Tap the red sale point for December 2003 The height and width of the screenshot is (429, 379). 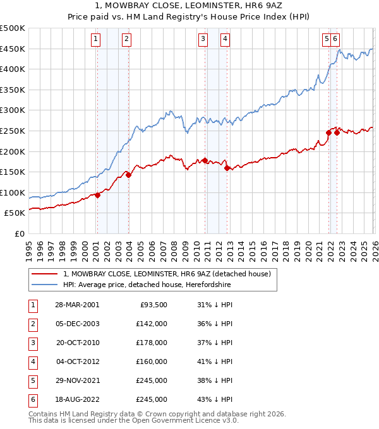pyautogui.click(x=128, y=175)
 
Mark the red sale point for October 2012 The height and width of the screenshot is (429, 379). pyautogui.click(x=227, y=167)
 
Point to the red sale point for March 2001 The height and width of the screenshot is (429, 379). pyautogui.click(x=98, y=195)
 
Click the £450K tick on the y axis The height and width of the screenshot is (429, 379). pyautogui.click(x=13, y=49)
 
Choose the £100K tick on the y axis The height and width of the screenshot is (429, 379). pyautogui.click(x=13, y=192)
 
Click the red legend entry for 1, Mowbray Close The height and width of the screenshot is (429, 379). pyautogui.click(x=167, y=274)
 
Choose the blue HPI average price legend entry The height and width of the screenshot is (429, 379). pyautogui.click(x=147, y=285)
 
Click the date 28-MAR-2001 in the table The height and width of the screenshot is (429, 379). pyautogui.click(x=77, y=304)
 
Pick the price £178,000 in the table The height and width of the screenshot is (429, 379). pyautogui.click(x=152, y=343)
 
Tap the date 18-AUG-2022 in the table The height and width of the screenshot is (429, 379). pyautogui.click(x=77, y=400)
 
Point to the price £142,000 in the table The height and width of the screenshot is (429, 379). pyautogui.click(x=152, y=324)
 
